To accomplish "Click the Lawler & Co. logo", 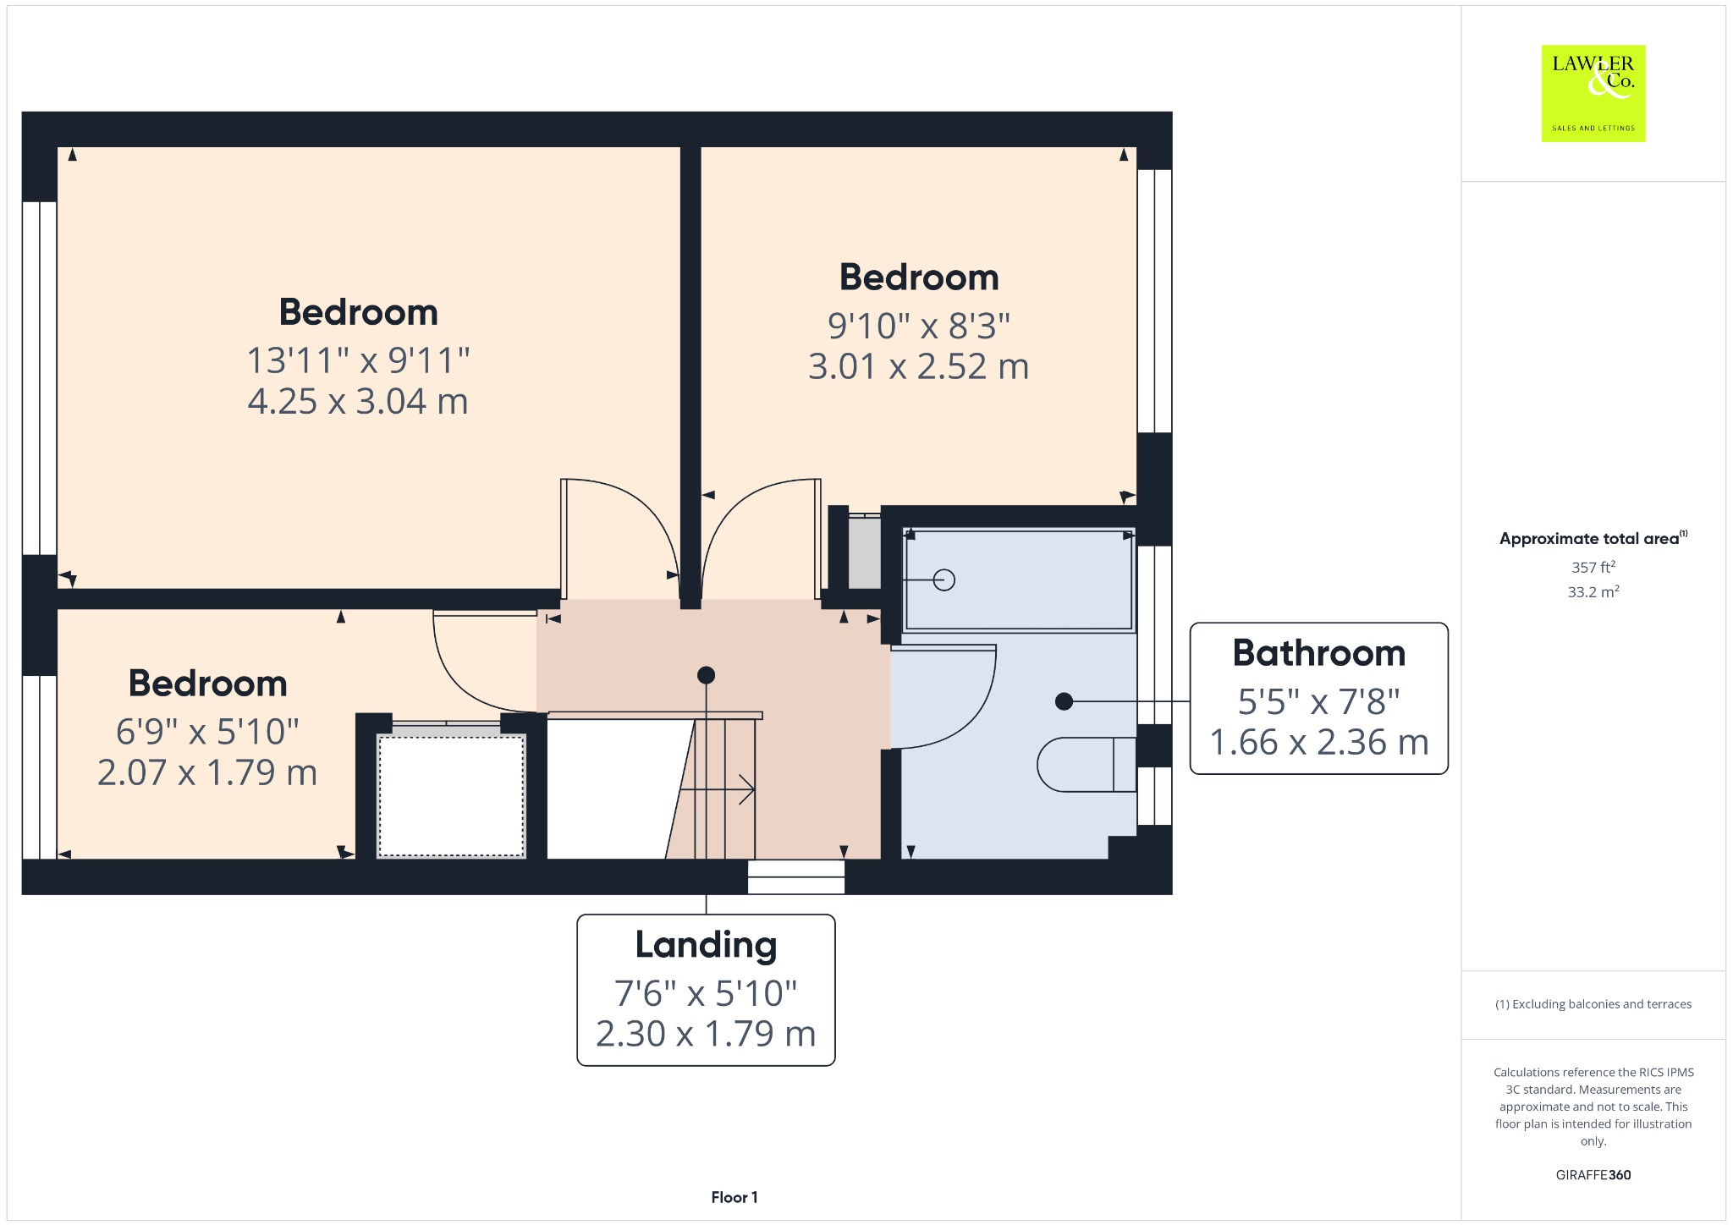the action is click(1593, 93).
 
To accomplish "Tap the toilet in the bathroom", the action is click(1087, 765).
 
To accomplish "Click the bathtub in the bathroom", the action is click(1019, 580).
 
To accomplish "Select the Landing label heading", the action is click(706, 946).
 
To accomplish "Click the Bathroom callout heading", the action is click(1318, 653).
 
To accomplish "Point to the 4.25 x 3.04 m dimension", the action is click(358, 401).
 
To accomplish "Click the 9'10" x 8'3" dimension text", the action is click(919, 325).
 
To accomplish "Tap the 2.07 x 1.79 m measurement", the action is click(207, 772).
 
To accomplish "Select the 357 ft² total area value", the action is click(1593, 567).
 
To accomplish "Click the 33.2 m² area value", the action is click(1593, 591).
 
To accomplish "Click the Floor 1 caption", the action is click(734, 1197).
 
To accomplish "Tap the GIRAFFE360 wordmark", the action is click(1593, 1174).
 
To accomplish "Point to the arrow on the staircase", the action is click(717, 789).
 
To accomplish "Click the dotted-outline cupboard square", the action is click(451, 796).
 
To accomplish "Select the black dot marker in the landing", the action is click(706, 675).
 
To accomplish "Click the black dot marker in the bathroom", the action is click(1065, 701).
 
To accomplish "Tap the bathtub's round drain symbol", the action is click(944, 580).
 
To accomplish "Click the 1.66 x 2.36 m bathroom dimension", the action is click(1318, 742).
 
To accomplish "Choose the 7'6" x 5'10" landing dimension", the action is click(706, 993).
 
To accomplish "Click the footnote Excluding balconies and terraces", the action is click(1593, 1004).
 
